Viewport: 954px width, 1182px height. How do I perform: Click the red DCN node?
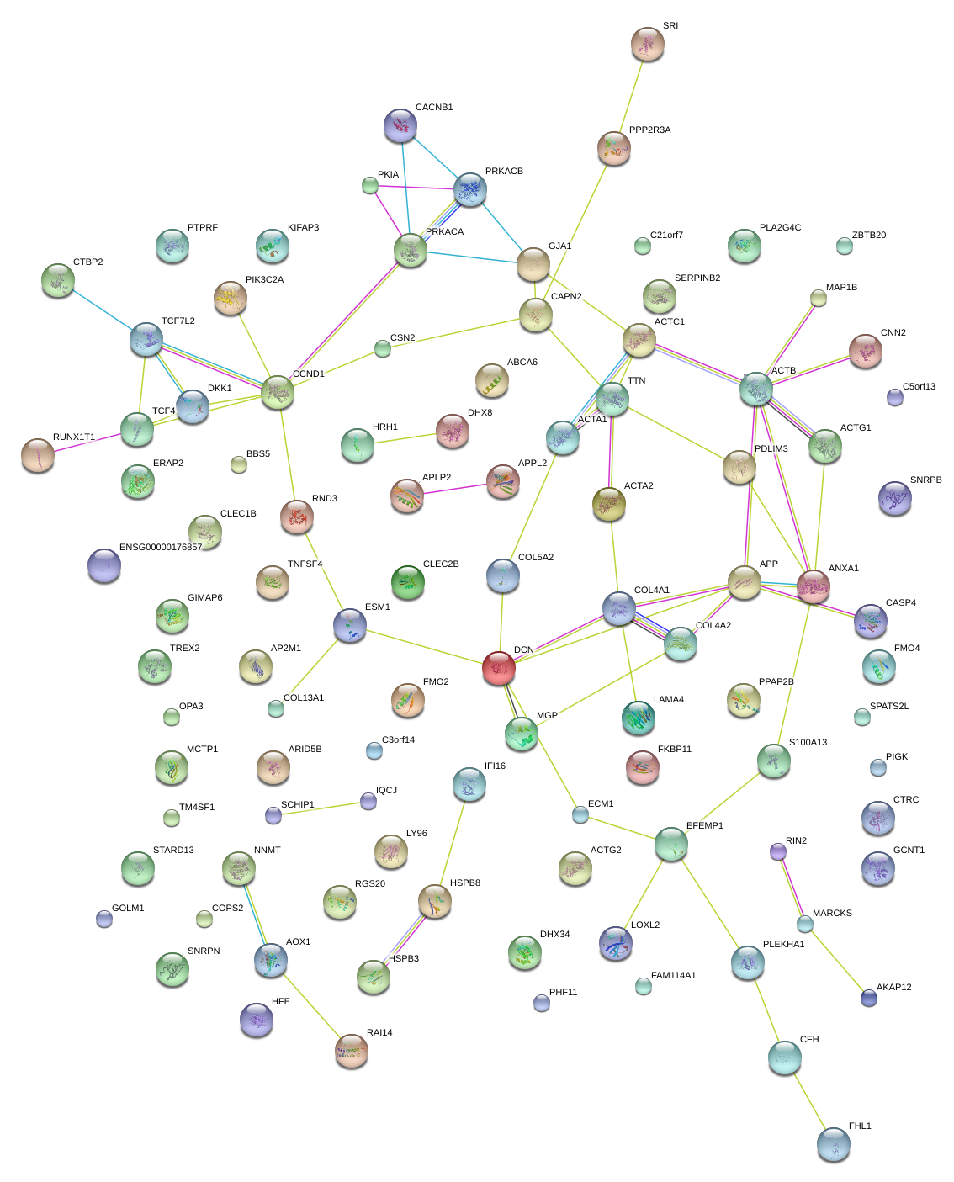point(499,667)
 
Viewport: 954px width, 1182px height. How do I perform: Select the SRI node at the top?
point(647,45)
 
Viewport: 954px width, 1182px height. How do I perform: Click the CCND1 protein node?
point(278,392)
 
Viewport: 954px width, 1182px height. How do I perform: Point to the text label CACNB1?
point(434,108)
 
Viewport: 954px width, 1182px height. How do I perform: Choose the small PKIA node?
point(369,185)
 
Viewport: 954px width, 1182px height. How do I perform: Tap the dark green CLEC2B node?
point(408,581)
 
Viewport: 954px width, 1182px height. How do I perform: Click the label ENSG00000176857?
point(161,548)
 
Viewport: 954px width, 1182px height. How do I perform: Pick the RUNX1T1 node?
point(37,454)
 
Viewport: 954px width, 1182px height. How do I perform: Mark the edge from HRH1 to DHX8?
point(405,439)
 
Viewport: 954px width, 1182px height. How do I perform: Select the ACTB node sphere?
point(756,389)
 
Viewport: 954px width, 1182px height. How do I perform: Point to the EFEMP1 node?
point(671,844)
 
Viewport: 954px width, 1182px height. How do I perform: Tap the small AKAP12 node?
point(869,999)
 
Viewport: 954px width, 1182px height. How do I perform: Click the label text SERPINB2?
point(697,278)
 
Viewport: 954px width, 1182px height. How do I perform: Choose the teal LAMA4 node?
point(638,717)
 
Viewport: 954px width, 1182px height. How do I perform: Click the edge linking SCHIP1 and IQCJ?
point(321,808)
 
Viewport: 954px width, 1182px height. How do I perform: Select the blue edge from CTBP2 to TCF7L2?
point(103,308)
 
